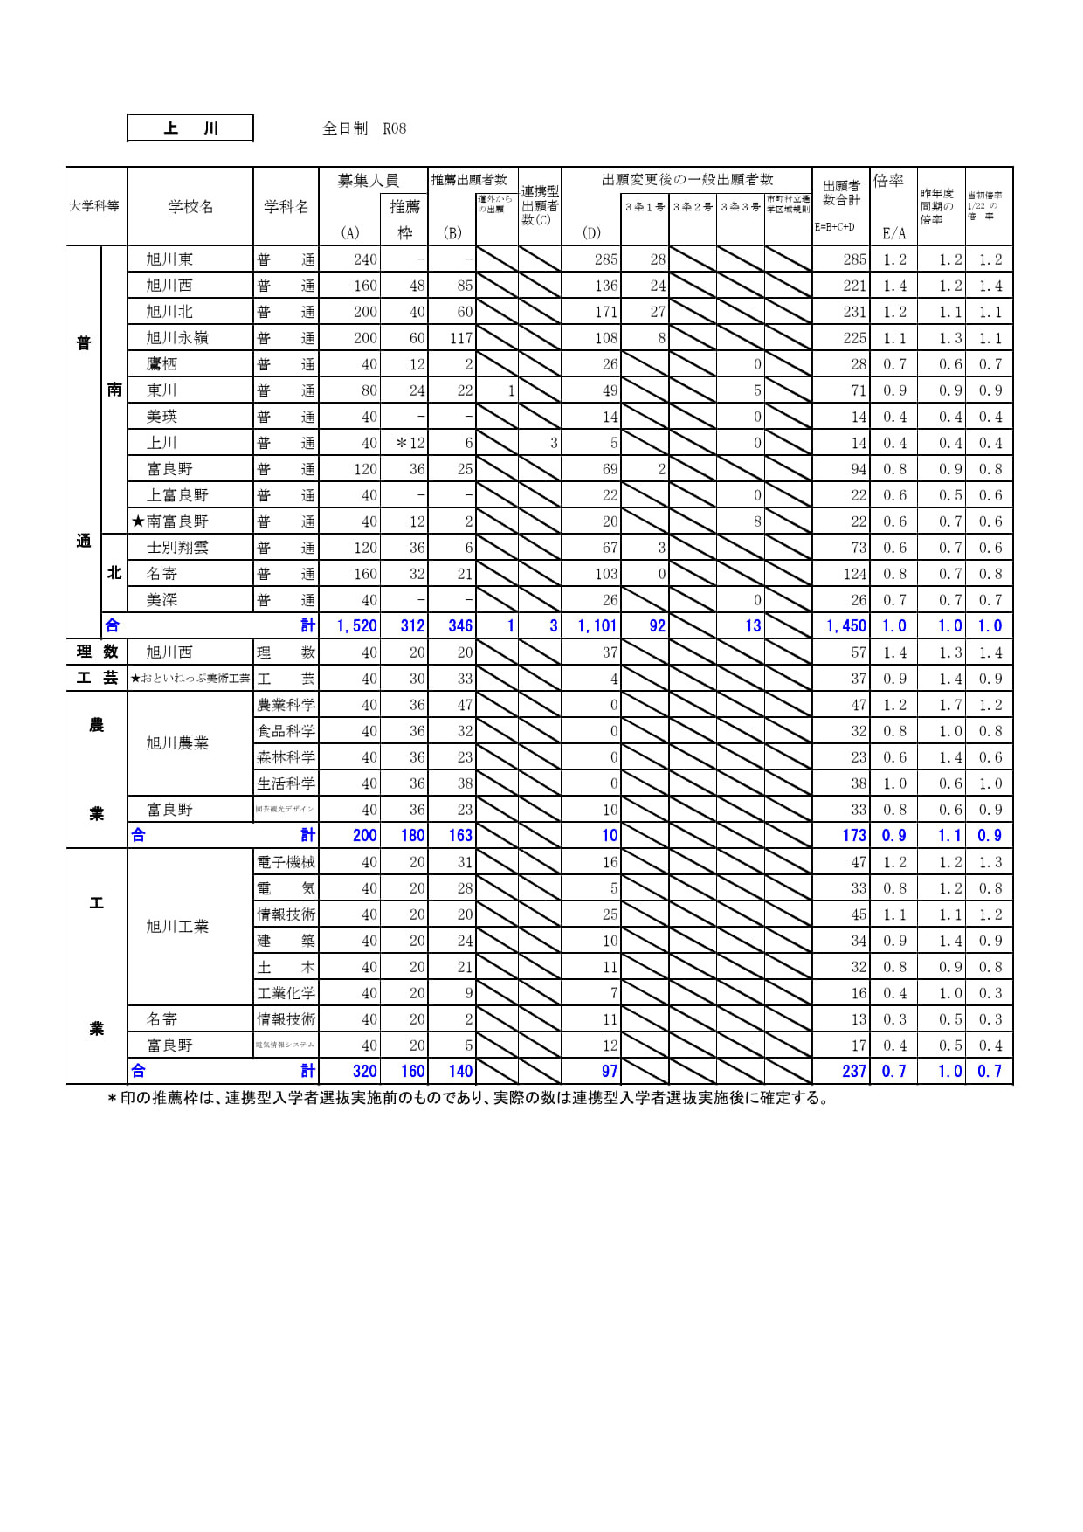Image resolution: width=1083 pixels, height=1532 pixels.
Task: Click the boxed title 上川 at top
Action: tap(190, 128)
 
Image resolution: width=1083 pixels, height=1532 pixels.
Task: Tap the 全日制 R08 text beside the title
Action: tap(364, 128)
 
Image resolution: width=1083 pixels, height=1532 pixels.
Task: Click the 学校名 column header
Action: tap(190, 207)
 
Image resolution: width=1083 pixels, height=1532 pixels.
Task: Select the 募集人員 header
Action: tap(368, 181)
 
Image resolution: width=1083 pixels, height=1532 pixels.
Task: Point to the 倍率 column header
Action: tap(888, 181)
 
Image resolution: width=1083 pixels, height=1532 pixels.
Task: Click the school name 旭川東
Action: tap(169, 259)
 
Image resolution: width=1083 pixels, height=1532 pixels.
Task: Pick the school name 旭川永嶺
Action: tap(177, 338)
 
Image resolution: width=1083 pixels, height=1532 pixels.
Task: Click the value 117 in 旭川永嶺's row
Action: tap(460, 338)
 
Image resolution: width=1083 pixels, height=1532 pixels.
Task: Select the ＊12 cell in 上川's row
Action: tap(410, 443)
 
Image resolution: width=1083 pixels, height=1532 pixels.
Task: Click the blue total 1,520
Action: tap(356, 626)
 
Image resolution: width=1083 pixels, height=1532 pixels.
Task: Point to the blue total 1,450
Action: tap(845, 626)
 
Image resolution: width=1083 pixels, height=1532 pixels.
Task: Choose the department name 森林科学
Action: tap(286, 757)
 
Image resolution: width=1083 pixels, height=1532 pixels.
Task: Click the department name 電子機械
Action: tap(286, 862)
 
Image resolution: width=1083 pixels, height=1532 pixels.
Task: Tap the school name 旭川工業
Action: tap(177, 927)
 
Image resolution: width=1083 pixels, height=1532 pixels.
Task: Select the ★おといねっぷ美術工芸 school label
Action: tap(190, 679)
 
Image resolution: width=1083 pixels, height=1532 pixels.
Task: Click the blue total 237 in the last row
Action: tap(853, 1072)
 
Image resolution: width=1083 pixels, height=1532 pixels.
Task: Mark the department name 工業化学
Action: tap(286, 993)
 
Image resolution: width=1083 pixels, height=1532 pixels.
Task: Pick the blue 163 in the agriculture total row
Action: tap(459, 836)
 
